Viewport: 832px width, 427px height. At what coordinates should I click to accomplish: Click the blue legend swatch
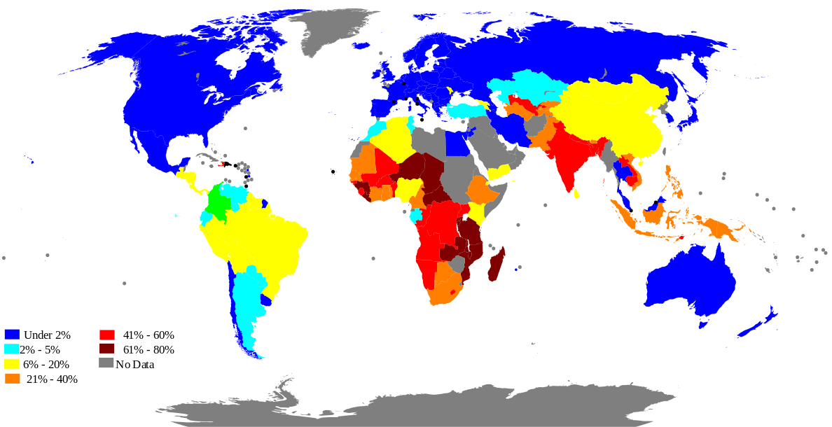(11, 335)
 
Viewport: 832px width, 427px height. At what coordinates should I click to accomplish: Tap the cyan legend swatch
(11, 349)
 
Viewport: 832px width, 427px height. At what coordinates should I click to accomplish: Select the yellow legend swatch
(11, 363)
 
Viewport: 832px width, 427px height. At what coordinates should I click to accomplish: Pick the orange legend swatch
(13, 378)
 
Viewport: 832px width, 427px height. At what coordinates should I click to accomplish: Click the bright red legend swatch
(106, 335)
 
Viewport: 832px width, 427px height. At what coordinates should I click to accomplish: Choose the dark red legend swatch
(106, 349)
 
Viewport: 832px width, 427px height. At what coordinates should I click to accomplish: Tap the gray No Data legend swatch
(106, 363)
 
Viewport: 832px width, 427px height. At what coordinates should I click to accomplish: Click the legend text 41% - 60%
(148, 335)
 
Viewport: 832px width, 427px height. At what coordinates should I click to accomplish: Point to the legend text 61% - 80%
(148, 349)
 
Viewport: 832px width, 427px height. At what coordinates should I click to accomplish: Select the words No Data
(134, 364)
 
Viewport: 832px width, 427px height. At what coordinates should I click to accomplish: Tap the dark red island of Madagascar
(497, 267)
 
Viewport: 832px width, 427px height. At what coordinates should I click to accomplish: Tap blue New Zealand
(756, 324)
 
